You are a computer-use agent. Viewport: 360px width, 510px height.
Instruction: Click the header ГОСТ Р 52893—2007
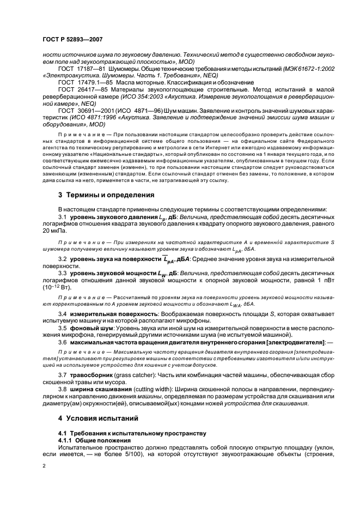72,40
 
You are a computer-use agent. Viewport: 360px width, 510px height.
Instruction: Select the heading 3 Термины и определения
102,195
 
